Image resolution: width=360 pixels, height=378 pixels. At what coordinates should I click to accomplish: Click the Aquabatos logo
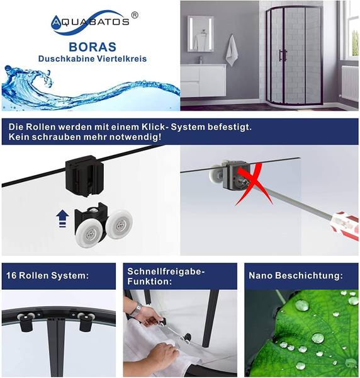click(x=94, y=22)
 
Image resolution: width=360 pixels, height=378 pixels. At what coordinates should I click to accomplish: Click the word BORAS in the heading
click(x=93, y=47)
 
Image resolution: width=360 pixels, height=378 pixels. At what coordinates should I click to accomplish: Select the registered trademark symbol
click(x=135, y=15)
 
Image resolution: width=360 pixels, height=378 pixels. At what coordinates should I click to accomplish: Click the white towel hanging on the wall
click(x=232, y=50)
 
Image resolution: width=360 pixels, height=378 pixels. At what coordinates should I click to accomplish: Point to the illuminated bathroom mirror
click(x=201, y=33)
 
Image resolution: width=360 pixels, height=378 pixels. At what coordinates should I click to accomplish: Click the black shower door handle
click(x=283, y=55)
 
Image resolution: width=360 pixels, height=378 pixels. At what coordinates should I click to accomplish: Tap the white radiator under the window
click(x=350, y=83)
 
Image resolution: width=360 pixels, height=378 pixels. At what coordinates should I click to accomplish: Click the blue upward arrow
click(x=62, y=219)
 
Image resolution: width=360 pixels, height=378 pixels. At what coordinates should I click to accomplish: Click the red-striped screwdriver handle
click(x=346, y=226)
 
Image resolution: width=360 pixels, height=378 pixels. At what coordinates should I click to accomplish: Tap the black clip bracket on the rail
click(x=84, y=175)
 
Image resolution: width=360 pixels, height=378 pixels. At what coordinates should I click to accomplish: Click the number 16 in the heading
click(x=11, y=275)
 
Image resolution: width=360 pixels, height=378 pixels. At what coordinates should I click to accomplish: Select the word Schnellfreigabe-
click(x=166, y=272)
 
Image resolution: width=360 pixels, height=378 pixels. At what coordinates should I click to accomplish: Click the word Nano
click(x=261, y=275)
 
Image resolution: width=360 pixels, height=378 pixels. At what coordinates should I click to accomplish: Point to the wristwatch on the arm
click(x=137, y=309)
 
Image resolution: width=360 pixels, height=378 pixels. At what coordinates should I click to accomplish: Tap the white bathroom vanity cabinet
click(x=203, y=81)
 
